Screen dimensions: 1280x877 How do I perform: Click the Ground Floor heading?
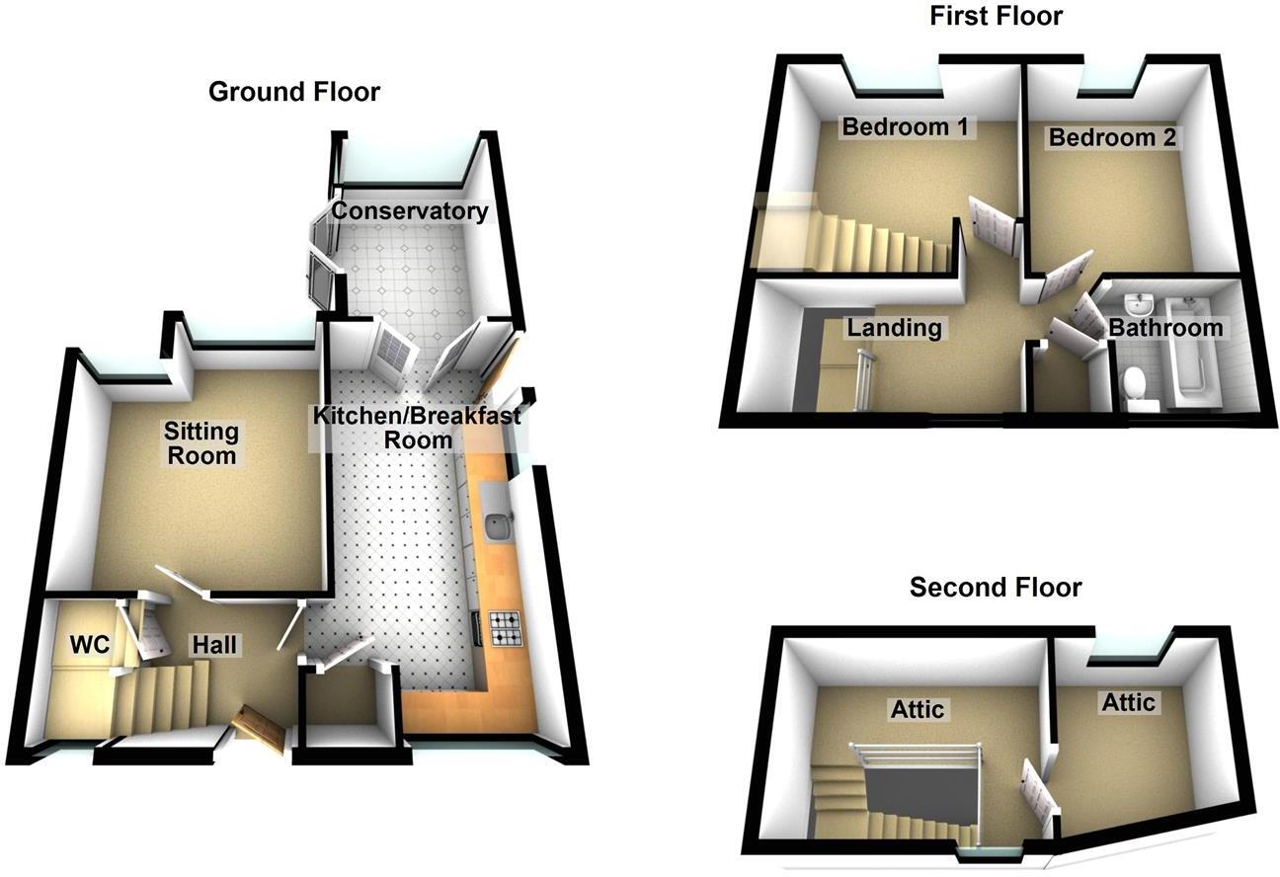[294, 93]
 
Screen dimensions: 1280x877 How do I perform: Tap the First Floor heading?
[996, 16]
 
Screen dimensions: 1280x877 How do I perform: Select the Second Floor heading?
[996, 588]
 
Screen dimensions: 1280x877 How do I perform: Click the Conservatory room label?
[409, 211]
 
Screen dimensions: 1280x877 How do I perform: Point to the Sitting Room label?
[201, 443]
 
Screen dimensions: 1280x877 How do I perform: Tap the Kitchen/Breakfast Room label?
[417, 428]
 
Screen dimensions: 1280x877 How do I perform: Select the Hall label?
[214, 645]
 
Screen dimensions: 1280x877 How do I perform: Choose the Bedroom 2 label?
[1112, 138]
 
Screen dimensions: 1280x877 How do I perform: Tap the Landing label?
[895, 327]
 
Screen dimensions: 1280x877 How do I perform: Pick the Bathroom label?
[1165, 328]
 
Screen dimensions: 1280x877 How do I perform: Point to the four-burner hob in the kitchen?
[505, 628]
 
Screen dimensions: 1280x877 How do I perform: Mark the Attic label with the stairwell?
[919, 709]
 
